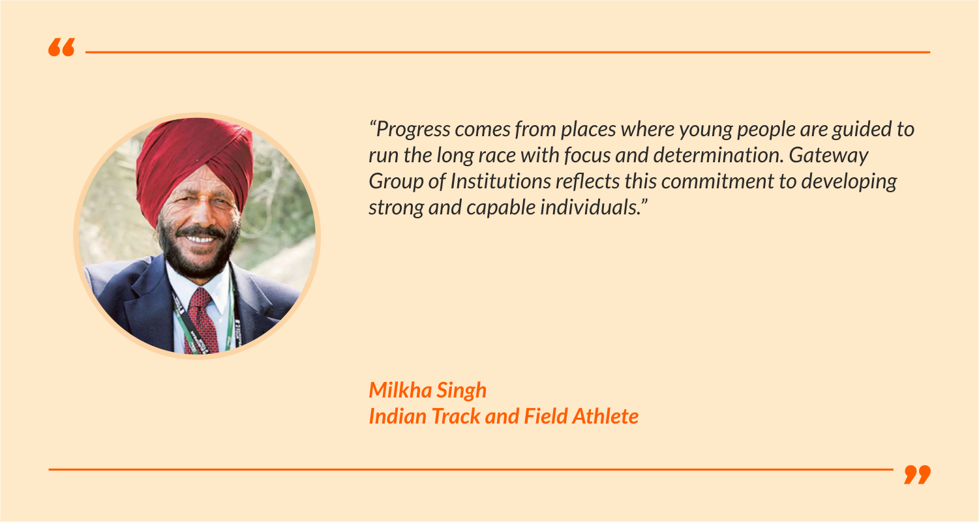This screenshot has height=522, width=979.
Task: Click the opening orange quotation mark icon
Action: [61, 47]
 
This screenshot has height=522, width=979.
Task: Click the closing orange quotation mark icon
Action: [918, 474]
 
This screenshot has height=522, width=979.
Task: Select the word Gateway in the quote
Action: [828, 156]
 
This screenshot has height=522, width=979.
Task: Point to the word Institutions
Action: [500, 181]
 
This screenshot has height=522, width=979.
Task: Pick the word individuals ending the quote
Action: [590, 207]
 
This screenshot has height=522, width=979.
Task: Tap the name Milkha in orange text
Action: [400, 390]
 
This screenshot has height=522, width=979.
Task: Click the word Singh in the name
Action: [462, 390]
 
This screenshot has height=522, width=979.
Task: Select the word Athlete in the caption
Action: [605, 416]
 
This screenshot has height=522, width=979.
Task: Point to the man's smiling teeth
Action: [200, 239]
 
